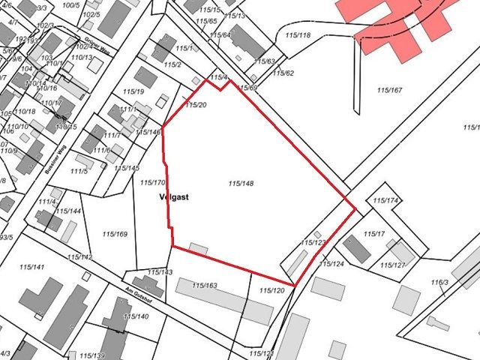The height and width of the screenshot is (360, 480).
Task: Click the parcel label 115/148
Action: point(241,182)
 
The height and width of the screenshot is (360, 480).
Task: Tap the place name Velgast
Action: point(173,197)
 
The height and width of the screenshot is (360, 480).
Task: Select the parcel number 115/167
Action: point(390,90)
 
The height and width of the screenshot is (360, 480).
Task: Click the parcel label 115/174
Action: point(385,201)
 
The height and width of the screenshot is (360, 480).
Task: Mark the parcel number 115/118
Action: point(298,35)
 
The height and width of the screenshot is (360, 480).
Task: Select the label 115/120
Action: point(271,290)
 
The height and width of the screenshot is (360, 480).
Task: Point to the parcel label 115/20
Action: point(195,105)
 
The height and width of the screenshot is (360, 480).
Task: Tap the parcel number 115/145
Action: point(127,168)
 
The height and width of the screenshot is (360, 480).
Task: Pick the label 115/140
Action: point(136,316)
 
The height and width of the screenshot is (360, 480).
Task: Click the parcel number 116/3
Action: point(439,282)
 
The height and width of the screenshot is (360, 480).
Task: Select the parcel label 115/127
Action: point(392,265)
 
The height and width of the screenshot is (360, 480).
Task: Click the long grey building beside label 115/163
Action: point(223,299)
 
